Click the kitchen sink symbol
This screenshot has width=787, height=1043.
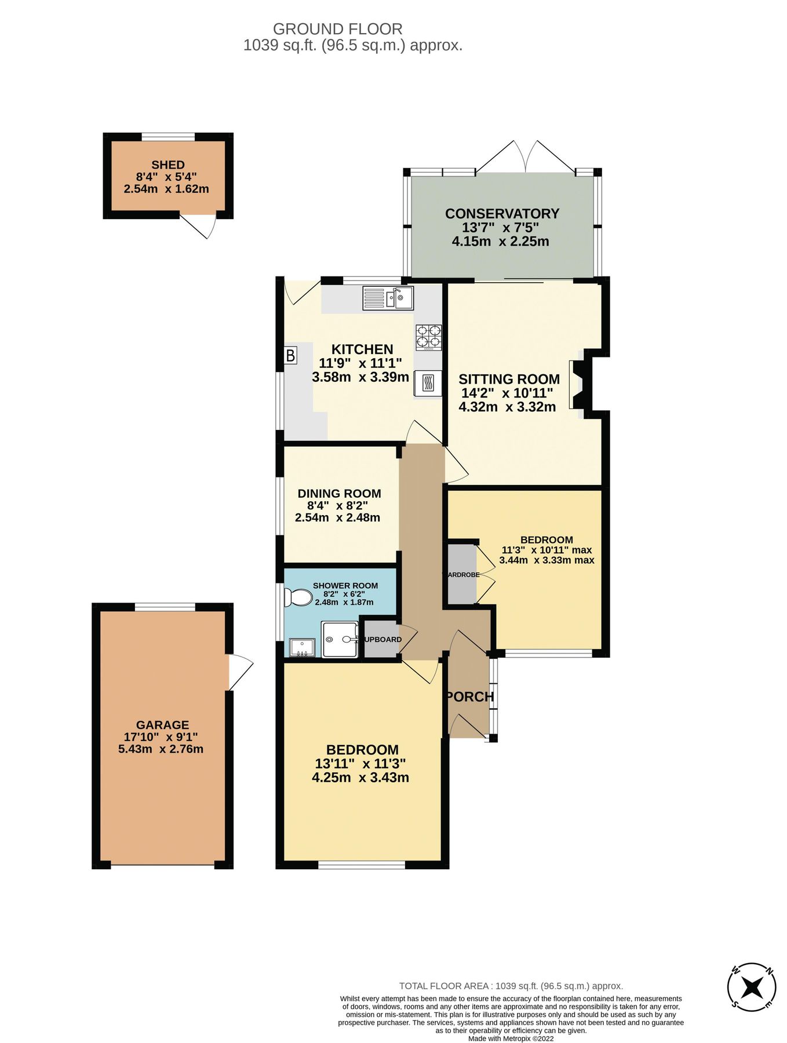tap(388, 298)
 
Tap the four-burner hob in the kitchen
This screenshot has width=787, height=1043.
tap(428, 336)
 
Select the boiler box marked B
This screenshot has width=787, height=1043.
tap(290, 355)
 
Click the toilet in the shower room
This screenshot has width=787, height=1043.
tap(298, 597)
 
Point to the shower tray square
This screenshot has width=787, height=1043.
tap(340, 640)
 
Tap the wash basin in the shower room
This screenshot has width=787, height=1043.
tap(301, 648)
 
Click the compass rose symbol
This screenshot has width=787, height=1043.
tap(751, 986)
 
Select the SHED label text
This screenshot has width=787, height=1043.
tap(168, 165)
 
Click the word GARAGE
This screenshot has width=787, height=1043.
tap(162, 724)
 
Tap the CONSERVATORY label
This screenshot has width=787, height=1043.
tap(502, 213)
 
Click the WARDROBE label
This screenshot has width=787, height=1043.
tap(461, 575)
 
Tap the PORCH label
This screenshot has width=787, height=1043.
tap(470, 696)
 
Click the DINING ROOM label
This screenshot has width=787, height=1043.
tap(339, 493)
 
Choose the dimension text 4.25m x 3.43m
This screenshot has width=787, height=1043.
tap(360, 778)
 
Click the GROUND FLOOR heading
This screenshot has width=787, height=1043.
tap(337, 28)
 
